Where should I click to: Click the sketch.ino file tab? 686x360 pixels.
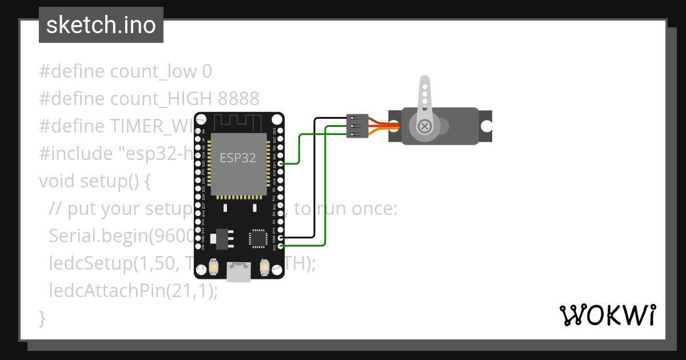point(101,25)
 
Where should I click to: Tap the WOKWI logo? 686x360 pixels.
point(607,315)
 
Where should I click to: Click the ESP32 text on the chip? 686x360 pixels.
point(238,158)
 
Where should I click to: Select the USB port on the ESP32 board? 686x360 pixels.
point(239,272)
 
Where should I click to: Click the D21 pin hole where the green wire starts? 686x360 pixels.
point(280,163)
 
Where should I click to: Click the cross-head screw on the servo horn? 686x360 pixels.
point(425,126)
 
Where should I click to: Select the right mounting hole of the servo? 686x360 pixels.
point(486,126)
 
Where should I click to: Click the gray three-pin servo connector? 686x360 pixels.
point(357,126)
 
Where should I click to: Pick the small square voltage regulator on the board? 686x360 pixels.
point(221,239)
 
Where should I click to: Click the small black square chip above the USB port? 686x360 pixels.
point(257,238)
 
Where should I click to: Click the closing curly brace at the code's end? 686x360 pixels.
point(42,318)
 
